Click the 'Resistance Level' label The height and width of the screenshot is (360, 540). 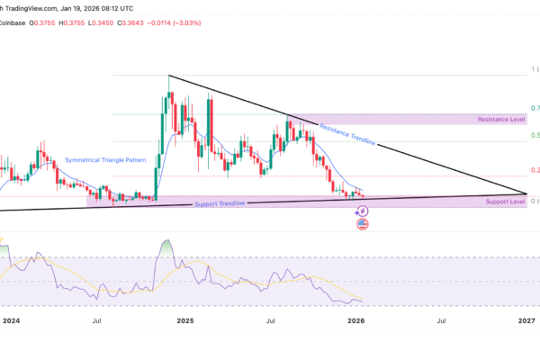(502, 119)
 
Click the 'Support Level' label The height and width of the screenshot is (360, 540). (505, 202)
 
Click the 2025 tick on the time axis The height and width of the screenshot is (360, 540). (185, 319)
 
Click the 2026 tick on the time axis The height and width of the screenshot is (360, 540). (356, 319)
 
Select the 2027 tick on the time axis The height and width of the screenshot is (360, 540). (527, 319)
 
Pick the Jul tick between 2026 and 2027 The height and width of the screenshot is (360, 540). (441, 319)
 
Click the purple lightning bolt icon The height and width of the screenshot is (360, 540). (363, 211)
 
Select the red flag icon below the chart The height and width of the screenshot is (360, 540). (363, 224)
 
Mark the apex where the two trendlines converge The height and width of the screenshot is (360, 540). (526, 193)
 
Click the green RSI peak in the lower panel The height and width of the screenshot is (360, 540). (166, 245)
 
